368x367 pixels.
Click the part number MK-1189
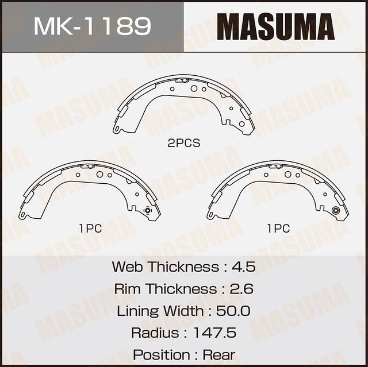[92, 26]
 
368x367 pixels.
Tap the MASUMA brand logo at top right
[276, 26]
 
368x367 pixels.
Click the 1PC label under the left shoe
[90, 229]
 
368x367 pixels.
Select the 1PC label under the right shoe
[278, 229]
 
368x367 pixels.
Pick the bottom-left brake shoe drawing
[90, 190]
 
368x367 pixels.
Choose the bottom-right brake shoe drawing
[278, 190]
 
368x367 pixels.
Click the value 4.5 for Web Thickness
[243, 267]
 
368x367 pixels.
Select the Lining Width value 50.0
[233, 311]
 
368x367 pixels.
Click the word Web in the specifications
[126, 267]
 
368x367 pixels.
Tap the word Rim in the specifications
[127, 289]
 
